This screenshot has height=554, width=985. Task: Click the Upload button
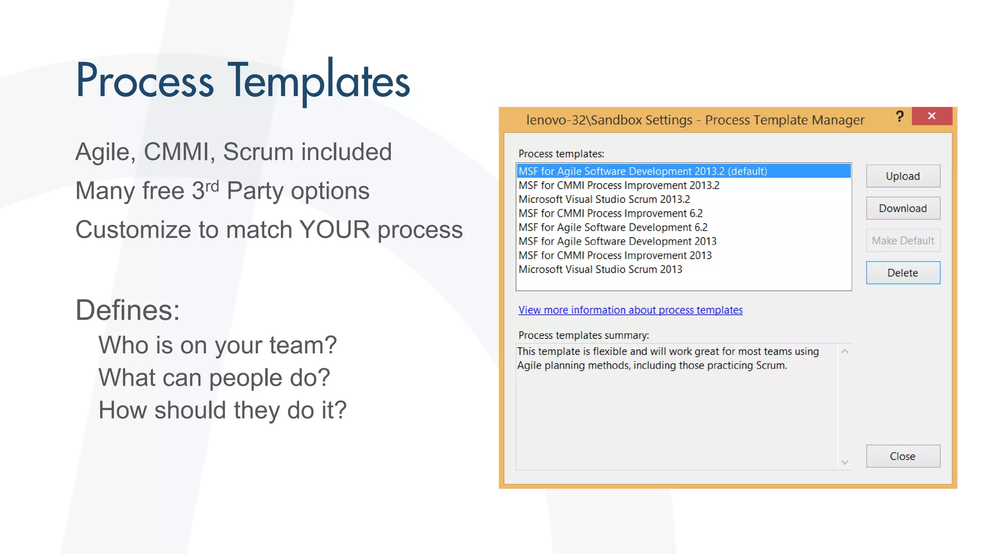(x=903, y=176)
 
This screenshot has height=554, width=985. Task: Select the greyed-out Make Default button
(x=903, y=240)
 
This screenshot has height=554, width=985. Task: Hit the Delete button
(x=903, y=273)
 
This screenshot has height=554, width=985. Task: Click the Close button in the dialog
(x=903, y=456)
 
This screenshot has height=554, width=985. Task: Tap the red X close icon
(x=932, y=116)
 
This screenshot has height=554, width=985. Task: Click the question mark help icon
(x=900, y=116)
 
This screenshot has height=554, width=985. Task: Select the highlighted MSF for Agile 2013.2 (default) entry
(x=643, y=171)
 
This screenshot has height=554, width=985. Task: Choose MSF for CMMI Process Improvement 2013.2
(x=619, y=185)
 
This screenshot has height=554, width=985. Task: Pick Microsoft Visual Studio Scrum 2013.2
(x=604, y=199)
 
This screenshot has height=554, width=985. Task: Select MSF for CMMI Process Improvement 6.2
(x=610, y=213)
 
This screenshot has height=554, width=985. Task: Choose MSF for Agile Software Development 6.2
(x=613, y=227)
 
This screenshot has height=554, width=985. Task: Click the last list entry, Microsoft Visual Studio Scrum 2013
(x=600, y=269)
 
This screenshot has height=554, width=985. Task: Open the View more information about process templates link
(x=630, y=310)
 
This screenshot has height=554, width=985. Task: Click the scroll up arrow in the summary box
(x=845, y=352)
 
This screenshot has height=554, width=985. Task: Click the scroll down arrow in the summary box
(x=845, y=462)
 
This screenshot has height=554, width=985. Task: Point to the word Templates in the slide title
(x=318, y=81)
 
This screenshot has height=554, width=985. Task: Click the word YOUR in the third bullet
(x=335, y=229)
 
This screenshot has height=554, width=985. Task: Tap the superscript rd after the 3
(x=212, y=185)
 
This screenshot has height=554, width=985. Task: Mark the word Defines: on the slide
(x=127, y=310)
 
